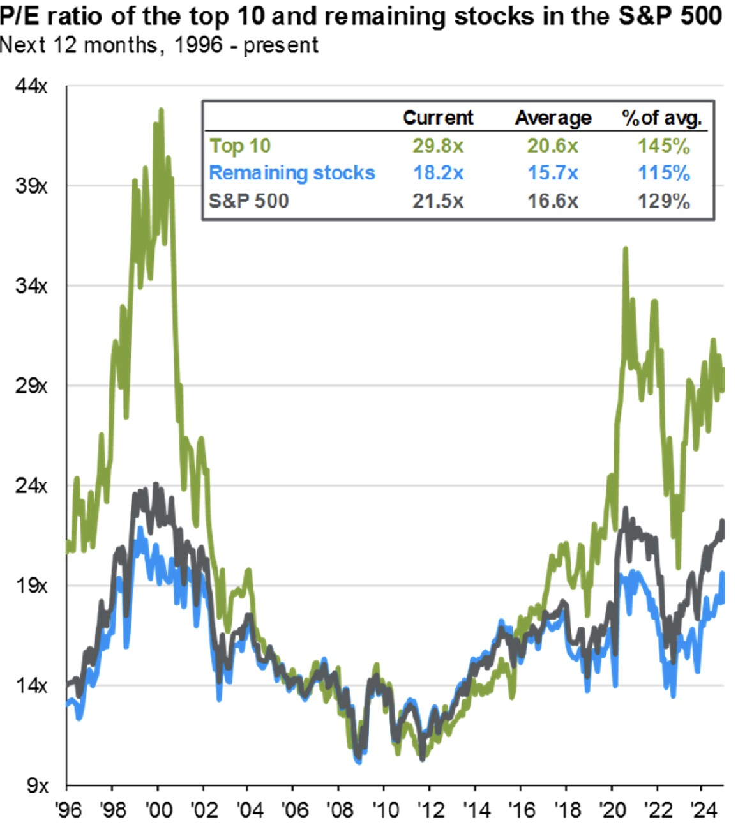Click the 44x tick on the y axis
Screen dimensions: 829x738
click(x=31, y=86)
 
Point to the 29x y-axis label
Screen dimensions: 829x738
click(x=31, y=386)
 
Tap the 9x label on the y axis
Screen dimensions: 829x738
click(x=37, y=785)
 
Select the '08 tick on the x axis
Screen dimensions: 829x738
click(x=339, y=809)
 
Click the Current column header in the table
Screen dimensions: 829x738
click(x=438, y=118)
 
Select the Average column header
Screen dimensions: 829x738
click(x=553, y=118)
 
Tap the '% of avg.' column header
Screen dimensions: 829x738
click(x=662, y=118)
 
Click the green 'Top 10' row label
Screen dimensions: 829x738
click(x=240, y=146)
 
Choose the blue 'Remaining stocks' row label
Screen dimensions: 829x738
click(x=292, y=173)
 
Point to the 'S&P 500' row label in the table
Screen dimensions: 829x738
click(x=249, y=201)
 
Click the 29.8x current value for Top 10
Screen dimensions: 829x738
click(x=438, y=146)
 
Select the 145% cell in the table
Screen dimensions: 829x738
click(x=664, y=146)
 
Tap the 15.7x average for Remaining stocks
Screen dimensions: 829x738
click(x=553, y=173)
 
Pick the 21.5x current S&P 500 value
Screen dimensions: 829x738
click(x=438, y=201)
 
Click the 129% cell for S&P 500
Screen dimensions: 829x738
click(x=664, y=201)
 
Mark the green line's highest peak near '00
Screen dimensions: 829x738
click(x=161, y=109)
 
